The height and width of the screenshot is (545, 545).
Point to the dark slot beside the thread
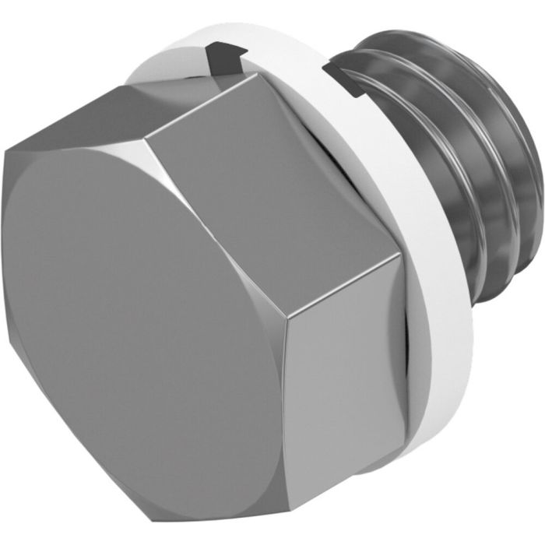(x=343, y=79)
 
